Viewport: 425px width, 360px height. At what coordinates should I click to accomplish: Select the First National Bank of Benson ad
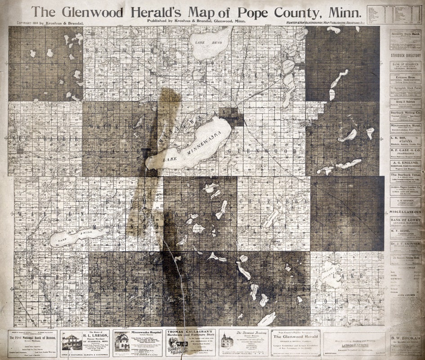coord(32,343)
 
